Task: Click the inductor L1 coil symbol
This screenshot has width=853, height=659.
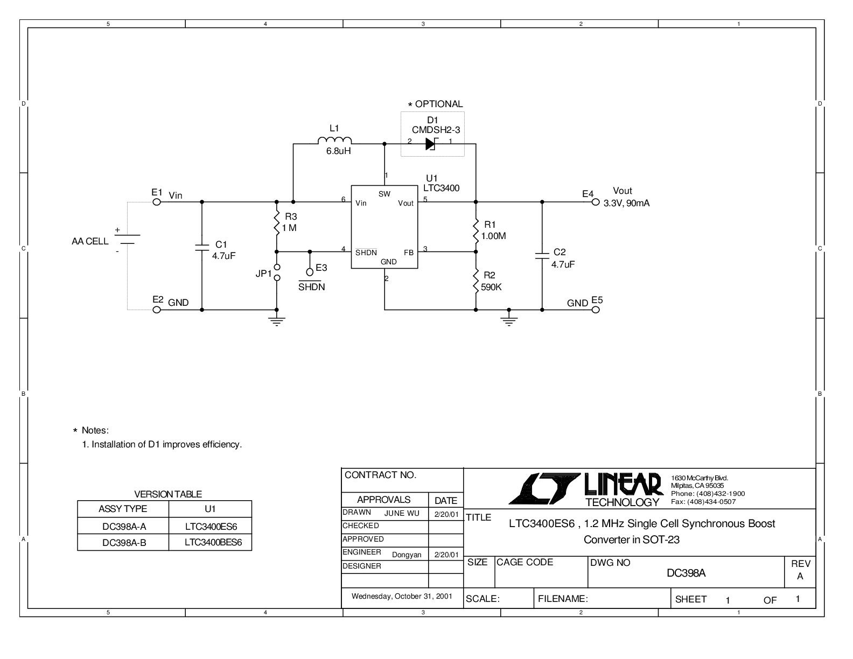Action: click(334, 141)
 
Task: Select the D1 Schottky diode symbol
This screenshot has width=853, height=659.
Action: click(431, 144)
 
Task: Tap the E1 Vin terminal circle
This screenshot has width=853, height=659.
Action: click(157, 202)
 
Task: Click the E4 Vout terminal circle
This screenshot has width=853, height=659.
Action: click(596, 202)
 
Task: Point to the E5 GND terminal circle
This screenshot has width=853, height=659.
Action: click(596, 310)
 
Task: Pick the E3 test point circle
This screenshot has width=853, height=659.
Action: click(310, 272)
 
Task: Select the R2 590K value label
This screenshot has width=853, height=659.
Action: click(491, 288)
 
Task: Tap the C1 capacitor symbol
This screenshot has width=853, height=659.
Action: click(202, 247)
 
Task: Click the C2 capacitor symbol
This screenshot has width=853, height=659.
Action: click(542, 256)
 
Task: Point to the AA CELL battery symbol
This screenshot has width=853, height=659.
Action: click(127, 239)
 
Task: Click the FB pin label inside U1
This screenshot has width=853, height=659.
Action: click(409, 253)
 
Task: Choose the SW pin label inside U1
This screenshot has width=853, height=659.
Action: click(384, 194)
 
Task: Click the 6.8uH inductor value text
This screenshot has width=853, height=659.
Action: click(338, 151)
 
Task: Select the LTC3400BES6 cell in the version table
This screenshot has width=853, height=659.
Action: click(213, 542)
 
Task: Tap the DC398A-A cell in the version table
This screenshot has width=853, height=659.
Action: click(124, 527)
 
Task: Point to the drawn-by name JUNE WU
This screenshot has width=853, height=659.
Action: click(402, 514)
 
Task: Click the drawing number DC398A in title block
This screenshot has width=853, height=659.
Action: click(686, 573)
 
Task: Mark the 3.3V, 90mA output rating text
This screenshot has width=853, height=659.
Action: click(626, 204)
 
